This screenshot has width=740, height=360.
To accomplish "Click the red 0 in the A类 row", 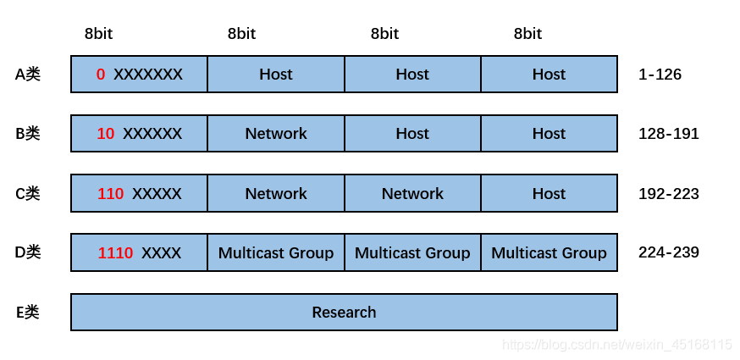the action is pyautogui.click(x=101, y=75).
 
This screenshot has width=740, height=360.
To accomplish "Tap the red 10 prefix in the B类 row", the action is pyautogui.click(x=106, y=134).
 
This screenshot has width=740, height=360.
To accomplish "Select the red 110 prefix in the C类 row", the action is pyautogui.click(x=110, y=194).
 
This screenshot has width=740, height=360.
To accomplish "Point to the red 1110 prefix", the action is pyautogui.click(x=115, y=253).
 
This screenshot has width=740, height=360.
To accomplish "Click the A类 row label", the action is pyautogui.click(x=28, y=75).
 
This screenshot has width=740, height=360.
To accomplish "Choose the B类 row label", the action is pyautogui.click(x=28, y=134).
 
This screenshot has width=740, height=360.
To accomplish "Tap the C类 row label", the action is pyautogui.click(x=28, y=194).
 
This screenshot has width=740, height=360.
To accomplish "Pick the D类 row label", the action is pyautogui.click(x=28, y=252).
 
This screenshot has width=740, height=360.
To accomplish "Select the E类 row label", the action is pyautogui.click(x=28, y=313).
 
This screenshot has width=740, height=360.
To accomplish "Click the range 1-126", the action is pyautogui.click(x=660, y=75).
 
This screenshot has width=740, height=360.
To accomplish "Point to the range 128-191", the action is pyautogui.click(x=669, y=134).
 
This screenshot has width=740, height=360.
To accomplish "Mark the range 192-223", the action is pyautogui.click(x=669, y=194).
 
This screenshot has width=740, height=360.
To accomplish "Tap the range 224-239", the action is pyautogui.click(x=669, y=252).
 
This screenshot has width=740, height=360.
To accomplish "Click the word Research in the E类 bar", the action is pyautogui.click(x=344, y=313).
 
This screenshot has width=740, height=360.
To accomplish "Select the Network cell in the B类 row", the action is pyautogui.click(x=276, y=134).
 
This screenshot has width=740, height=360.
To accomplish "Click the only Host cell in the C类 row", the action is pyautogui.click(x=549, y=194).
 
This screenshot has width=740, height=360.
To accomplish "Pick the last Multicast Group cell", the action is pyautogui.click(x=549, y=253).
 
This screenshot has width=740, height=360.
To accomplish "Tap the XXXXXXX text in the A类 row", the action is pyautogui.click(x=147, y=75).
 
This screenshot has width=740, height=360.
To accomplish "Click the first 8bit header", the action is pyautogui.click(x=98, y=34).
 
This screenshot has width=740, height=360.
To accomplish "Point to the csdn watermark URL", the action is pyautogui.click(x=617, y=345).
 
